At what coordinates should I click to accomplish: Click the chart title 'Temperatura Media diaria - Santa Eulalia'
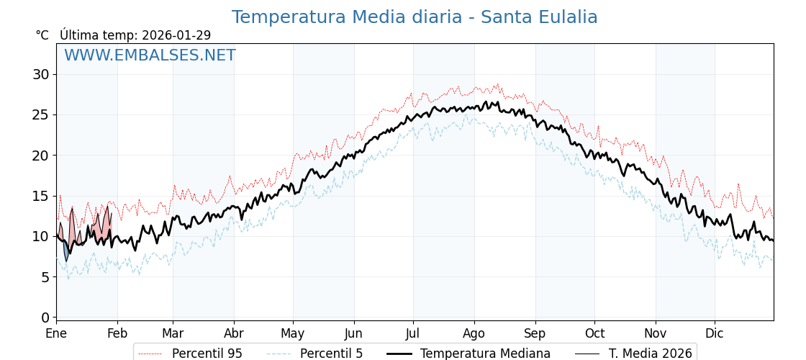pos(415,17)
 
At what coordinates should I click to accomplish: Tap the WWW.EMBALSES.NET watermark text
pos(150,56)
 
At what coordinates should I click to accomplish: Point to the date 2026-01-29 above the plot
pos(176,35)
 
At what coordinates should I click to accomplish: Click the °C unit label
pos(42,35)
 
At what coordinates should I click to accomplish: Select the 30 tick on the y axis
pos(41,74)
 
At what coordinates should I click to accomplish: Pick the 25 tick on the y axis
pos(41,114)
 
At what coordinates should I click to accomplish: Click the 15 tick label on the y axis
pos(41,196)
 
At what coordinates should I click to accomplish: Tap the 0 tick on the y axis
pos(45,318)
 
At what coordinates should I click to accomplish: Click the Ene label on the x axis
pos(56,333)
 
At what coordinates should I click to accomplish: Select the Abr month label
pos(234,333)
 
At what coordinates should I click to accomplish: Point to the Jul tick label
pos(413,333)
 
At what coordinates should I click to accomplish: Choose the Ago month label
pos(474,333)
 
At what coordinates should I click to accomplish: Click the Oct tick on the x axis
pos(594,333)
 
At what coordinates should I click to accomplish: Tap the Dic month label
pos(715,333)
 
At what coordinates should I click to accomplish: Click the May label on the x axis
pos(293,333)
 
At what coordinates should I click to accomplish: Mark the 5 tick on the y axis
pos(45,277)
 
